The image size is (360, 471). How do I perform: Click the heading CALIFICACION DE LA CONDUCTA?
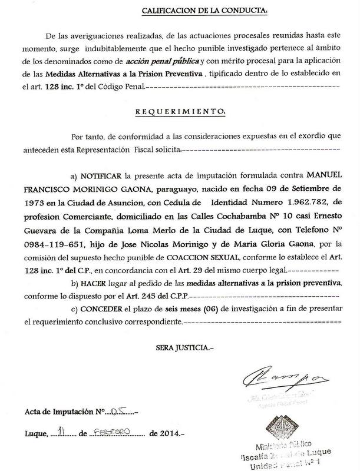tap(204, 11)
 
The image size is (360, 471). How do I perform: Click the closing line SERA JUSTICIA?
tap(184, 349)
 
